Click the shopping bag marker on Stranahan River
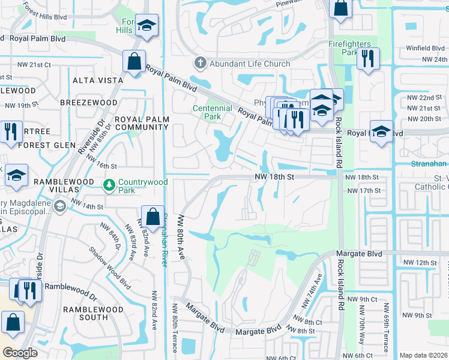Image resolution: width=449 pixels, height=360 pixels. click(153, 217)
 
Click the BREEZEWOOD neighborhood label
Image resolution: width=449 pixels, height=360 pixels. click(89, 103)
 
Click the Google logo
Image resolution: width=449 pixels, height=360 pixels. click(20, 353)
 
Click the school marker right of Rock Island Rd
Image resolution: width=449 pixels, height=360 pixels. click(381, 133)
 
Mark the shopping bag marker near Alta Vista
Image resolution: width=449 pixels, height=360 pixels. click(134, 62)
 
